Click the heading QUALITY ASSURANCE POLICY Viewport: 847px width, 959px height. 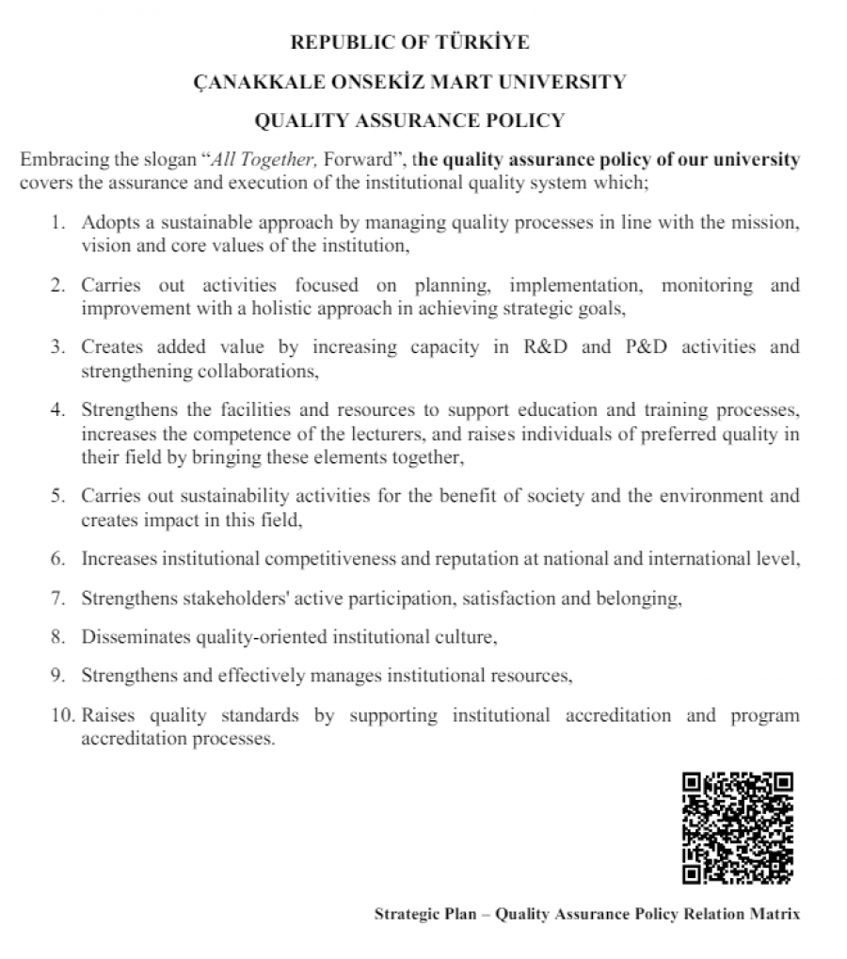(409, 120)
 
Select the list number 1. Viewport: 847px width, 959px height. (58, 223)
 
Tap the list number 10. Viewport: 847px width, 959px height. (62, 715)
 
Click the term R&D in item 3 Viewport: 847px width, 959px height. (542, 346)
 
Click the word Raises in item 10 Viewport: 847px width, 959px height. (105, 715)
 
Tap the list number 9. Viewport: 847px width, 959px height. (58, 676)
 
